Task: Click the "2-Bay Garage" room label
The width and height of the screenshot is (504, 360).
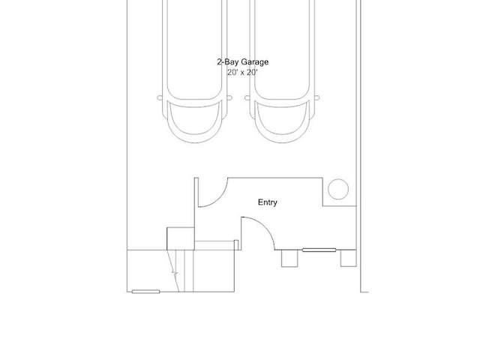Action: click(243, 62)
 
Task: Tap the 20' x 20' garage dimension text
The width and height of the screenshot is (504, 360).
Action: click(242, 72)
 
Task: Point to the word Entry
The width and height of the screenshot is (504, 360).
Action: click(268, 202)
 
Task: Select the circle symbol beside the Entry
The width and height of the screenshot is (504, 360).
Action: click(338, 189)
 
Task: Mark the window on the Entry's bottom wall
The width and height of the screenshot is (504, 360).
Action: click(319, 250)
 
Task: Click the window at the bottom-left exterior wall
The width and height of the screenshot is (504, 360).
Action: click(145, 292)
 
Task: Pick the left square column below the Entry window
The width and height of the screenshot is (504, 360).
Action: click(289, 259)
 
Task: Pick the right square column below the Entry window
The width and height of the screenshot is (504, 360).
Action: click(349, 258)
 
